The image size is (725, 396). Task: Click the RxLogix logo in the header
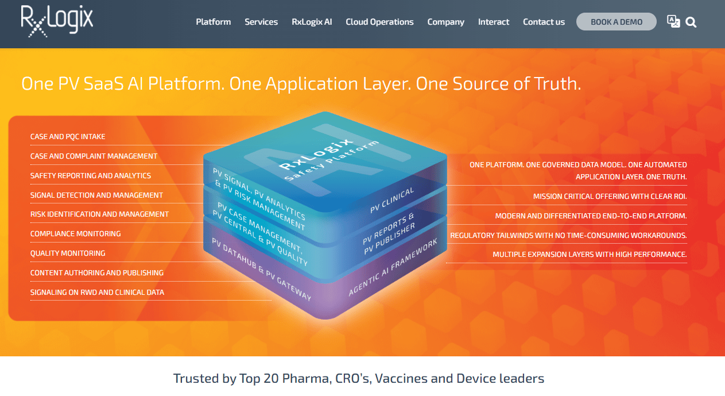(57, 21)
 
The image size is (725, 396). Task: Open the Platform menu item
(214, 22)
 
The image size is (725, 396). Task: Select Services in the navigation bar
(261, 22)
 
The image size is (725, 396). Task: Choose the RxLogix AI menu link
(312, 22)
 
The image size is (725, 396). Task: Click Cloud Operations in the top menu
(379, 22)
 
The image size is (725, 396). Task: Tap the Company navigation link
(445, 22)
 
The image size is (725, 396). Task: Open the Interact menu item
(494, 22)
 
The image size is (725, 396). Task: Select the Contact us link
(544, 22)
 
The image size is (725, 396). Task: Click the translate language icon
(673, 22)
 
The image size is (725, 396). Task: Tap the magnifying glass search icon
(691, 22)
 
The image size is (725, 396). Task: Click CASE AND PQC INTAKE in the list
(68, 136)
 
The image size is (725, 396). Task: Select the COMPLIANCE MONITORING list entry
(75, 234)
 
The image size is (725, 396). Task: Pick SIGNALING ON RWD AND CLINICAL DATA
(97, 293)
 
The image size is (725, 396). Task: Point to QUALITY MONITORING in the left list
(68, 253)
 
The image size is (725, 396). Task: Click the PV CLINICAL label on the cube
(392, 200)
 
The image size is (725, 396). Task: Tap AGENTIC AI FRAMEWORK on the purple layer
(393, 267)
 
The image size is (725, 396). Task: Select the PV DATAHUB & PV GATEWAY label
(261, 269)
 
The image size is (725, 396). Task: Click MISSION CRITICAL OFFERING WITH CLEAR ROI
(610, 196)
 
